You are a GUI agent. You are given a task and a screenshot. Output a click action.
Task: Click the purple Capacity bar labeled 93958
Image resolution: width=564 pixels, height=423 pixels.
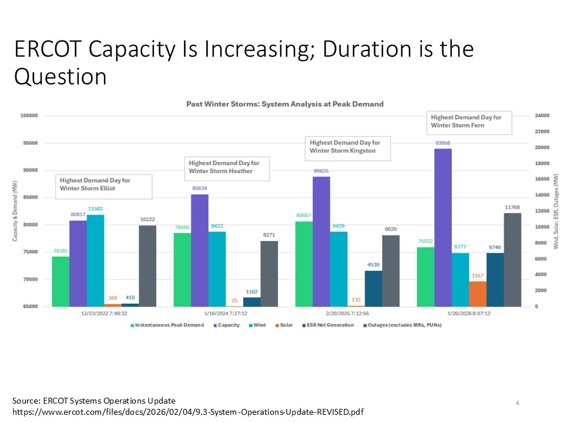tap(443, 227)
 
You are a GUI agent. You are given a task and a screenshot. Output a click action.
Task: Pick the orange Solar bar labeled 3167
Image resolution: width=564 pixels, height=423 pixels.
tap(478, 294)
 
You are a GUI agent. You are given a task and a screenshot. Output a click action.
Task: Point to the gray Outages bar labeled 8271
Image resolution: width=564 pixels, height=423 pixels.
tap(269, 273)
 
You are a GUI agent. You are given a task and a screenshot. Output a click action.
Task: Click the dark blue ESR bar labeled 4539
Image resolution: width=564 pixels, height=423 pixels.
tap(373, 288)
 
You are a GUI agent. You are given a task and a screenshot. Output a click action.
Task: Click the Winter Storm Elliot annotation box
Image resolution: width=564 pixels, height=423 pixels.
tap(104, 184)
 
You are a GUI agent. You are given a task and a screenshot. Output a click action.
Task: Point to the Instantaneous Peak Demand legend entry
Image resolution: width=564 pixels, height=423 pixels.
tap(166, 325)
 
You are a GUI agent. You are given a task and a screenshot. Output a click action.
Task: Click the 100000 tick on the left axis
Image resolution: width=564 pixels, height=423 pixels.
tap(29, 116)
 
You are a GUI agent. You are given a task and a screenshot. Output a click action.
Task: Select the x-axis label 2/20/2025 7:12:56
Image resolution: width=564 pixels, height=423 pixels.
tap(348, 313)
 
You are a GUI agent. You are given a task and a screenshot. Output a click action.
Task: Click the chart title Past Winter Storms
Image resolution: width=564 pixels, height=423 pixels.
tap(284, 104)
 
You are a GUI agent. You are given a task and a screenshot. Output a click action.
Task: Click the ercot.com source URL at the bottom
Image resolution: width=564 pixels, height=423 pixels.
tap(188, 412)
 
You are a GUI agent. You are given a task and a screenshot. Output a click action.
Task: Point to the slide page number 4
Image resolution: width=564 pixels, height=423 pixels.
tap(517, 403)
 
